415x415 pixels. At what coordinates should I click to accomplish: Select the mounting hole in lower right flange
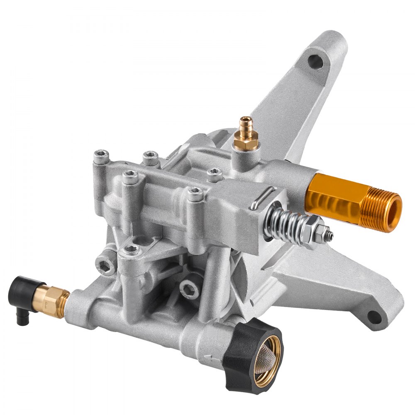coord(373,317)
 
